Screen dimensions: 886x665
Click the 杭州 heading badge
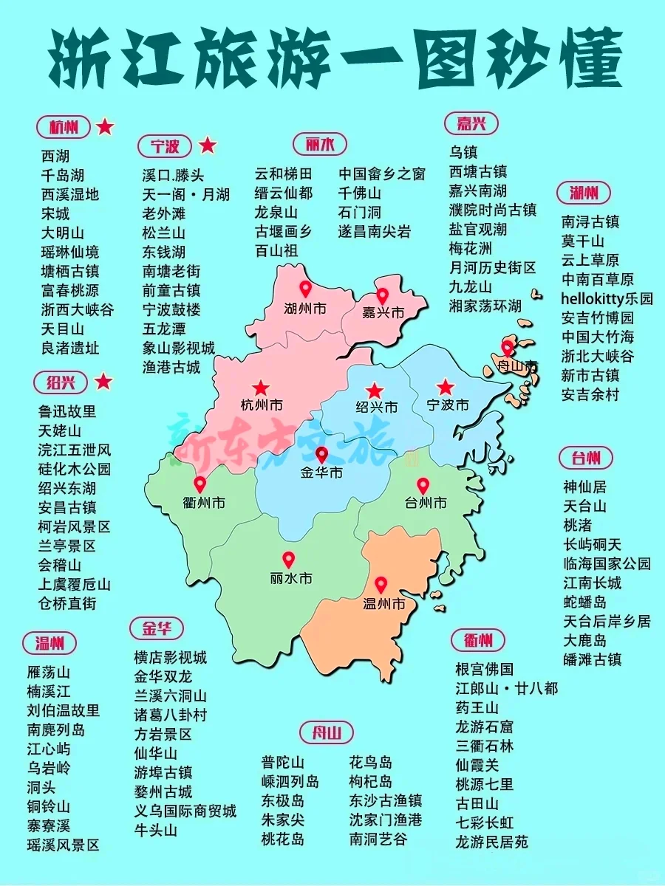[x=64, y=127]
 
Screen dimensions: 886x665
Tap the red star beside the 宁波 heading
[x=208, y=145]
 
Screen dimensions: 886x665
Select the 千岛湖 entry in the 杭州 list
[x=63, y=175]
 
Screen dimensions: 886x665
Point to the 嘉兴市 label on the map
[x=383, y=313]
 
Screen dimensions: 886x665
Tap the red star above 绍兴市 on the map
[x=375, y=390]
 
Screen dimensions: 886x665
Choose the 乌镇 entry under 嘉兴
[x=464, y=153]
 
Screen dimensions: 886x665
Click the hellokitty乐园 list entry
[x=607, y=299]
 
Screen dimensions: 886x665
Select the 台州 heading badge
[x=585, y=458]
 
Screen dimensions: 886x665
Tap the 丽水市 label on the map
[x=291, y=578]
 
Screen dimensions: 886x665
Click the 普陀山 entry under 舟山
[x=282, y=763]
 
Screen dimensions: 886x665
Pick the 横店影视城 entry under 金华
[x=170, y=657]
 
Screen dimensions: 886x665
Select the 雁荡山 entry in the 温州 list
[x=48, y=673]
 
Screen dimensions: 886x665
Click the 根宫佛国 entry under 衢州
[x=484, y=670]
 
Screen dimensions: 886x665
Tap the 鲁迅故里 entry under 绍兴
[x=67, y=411]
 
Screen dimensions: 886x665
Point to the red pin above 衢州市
[x=199, y=484]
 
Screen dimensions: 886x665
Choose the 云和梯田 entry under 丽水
[x=284, y=174]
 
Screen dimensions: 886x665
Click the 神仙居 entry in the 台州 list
[x=584, y=487]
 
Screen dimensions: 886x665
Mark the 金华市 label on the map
[x=321, y=473]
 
